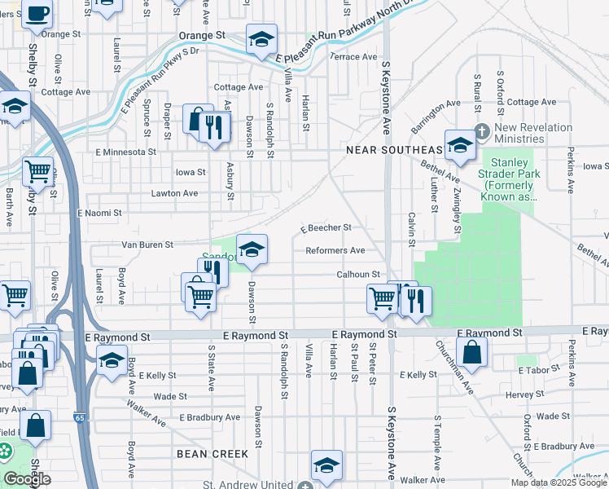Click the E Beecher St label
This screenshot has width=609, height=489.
click(x=326, y=228)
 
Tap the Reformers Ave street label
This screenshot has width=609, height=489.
click(x=335, y=251)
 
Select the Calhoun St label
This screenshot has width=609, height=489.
click(x=359, y=275)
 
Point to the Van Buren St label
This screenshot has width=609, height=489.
click(x=147, y=244)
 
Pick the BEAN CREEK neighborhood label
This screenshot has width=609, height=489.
click(x=212, y=453)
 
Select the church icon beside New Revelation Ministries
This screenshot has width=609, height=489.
click(x=482, y=130)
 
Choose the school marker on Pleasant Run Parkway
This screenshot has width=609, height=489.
click(x=261, y=39)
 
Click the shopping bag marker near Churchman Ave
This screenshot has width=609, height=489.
click(x=471, y=352)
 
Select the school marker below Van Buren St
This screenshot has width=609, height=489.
click(x=252, y=249)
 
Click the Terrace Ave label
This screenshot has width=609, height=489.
click(x=353, y=57)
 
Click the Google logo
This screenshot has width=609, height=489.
click(x=27, y=479)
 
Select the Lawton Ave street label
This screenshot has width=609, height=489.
click(x=174, y=194)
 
